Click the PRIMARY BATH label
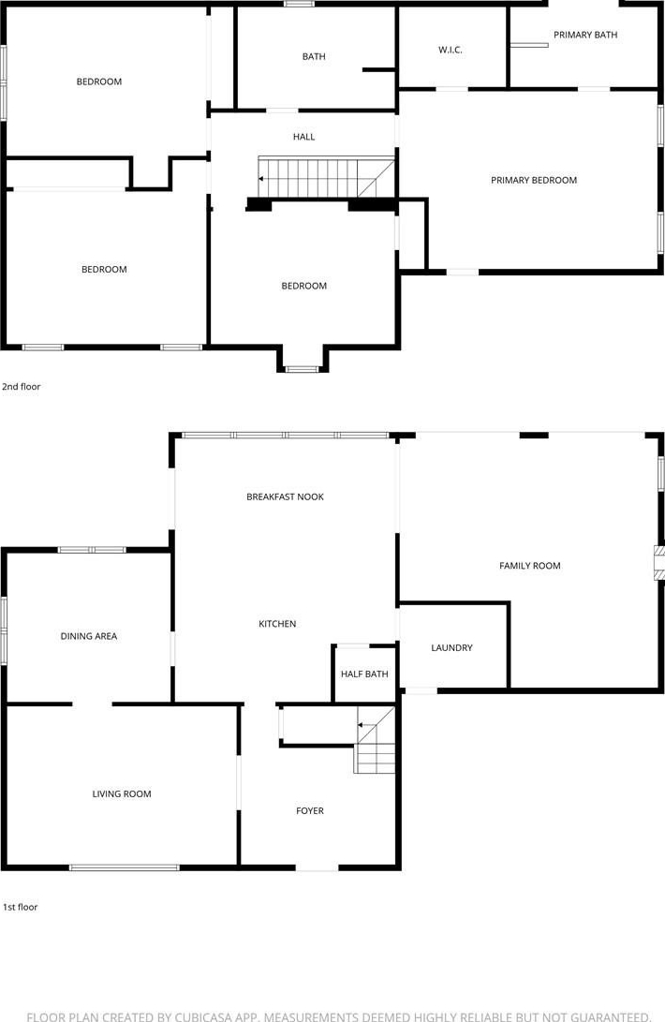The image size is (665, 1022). coord(584,35)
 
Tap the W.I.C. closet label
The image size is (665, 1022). coord(450,50)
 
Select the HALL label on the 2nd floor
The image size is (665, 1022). coord(303,137)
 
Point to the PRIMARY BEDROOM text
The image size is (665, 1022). coord(533,180)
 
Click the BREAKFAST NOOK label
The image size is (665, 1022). coord(285,496)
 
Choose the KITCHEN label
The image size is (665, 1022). coord(277,624)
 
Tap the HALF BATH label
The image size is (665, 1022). coord(363,674)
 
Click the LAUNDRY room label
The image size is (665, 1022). coord(451,647)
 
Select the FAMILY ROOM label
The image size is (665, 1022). coord(529,566)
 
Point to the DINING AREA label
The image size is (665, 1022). coord(89,636)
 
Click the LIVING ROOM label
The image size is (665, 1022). coord(121,793)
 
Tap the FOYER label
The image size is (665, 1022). coord(310,811)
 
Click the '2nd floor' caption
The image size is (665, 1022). coord(21,387)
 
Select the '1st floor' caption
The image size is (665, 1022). coord(20,907)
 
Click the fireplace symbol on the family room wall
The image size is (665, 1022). coord(659,563)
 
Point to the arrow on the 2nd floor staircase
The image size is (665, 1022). coord(262,179)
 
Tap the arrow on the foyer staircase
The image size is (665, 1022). coord(361,724)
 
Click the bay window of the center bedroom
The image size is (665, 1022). coord(302,370)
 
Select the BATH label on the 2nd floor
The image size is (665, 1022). coord(314,57)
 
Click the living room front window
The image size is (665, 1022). coord(124,867)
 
